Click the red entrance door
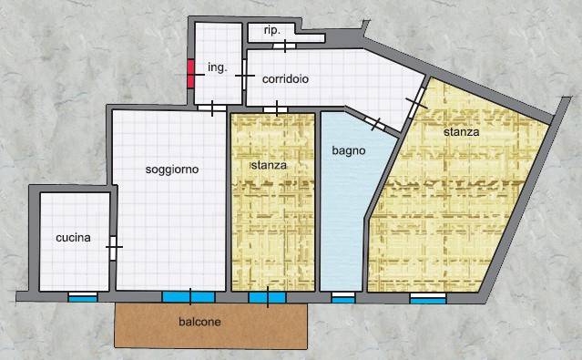tap(190, 74)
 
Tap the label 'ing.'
tap(217, 68)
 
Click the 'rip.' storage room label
tap(271, 31)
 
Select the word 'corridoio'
tap(285, 79)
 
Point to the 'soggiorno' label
tap(172, 170)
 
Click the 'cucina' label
tap(73, 238)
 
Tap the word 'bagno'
tap(349, 151)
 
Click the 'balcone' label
tap(199, 322)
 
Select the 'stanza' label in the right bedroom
tap(462, 132)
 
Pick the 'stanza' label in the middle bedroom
tap(269, 165)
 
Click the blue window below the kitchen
tap(83, 299)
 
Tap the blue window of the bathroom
tap(343, 300)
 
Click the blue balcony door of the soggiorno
tap(189, 297)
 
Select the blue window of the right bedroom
tap(428, 300)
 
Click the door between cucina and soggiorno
tap(113, 248)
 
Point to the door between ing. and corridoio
tap(244, 75)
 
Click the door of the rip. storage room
tap(285, 46)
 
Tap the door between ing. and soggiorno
tap(212, 108)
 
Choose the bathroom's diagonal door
tap(374, 123)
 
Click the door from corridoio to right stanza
tap(416, 103)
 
